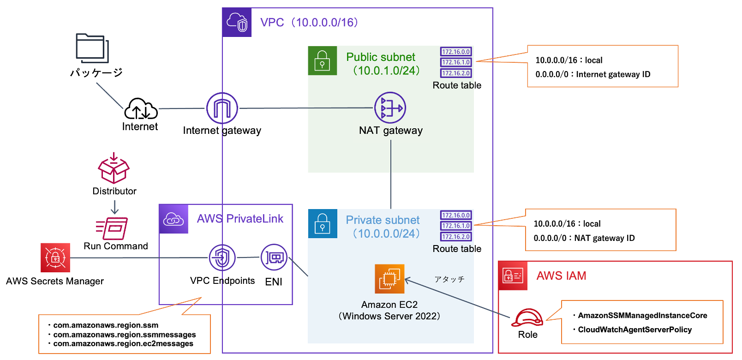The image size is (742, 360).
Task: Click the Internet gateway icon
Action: [x=222, y=108]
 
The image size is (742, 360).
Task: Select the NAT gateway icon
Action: [x=390, y=108]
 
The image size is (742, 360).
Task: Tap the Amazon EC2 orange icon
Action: [x=389, y=279]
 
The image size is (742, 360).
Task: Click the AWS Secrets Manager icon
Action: [x=55, y=258]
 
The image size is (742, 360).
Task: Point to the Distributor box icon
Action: [x=114, y=169]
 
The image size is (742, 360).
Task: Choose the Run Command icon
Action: [x=112, y=228]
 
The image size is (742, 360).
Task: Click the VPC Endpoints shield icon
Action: [x=222, y=258]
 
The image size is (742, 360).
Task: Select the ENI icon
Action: [x=274, y=257]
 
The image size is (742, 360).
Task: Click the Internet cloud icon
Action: [x=141, y=109]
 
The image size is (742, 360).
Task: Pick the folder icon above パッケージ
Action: [x=92, y=48]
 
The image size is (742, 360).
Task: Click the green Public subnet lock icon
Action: [x=322, y=60]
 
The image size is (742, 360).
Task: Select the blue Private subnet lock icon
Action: [x=322, y=223]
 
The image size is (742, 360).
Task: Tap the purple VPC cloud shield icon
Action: [x=237, y=22]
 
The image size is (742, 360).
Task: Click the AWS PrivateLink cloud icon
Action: [x=174, y=219]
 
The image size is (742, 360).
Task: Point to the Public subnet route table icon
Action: [x=456, y=62]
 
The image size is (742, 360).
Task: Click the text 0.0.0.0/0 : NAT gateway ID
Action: [x=584, y=238]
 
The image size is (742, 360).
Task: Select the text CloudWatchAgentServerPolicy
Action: [x=634, y=330]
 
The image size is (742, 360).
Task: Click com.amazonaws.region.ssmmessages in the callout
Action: [x=124, y=335]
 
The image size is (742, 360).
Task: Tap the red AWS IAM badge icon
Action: [x=513, y=276]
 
